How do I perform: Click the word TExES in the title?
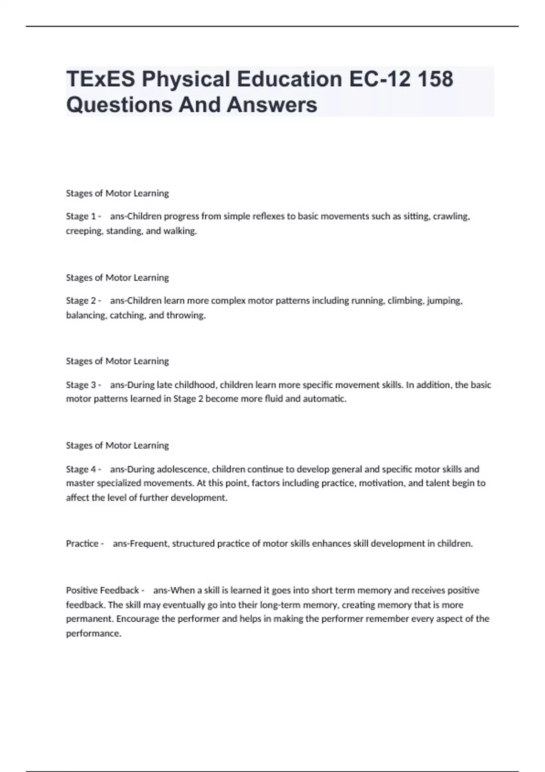100,79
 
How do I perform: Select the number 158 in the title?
435,79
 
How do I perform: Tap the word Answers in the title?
272,104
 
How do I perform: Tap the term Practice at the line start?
82,544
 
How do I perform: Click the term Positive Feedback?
102,590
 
